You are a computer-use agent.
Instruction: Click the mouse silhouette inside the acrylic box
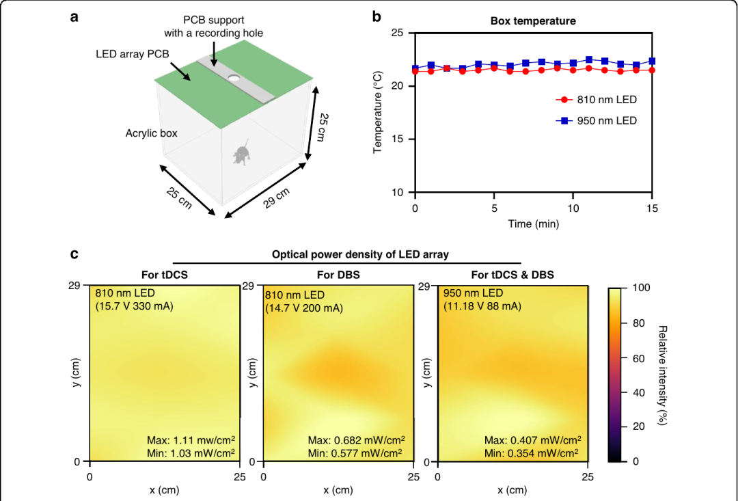point(242,152)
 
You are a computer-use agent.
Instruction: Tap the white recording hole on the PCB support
point(234,77)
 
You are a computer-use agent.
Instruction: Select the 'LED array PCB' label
point(133,54)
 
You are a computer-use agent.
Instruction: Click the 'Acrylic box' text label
point(151,133)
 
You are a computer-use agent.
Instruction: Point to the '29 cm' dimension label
point(276,198)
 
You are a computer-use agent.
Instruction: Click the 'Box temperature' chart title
point(533,21)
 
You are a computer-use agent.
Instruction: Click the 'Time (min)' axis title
point(533,224)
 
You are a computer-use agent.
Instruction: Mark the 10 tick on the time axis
point(573,208)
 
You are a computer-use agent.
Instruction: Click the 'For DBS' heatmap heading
point(338,275)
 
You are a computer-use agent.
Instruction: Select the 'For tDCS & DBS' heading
point(512,275)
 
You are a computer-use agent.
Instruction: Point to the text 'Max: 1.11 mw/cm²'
point(191,440)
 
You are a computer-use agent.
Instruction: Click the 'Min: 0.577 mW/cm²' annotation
point(355,453)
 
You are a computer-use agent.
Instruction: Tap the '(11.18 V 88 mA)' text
point(482,306)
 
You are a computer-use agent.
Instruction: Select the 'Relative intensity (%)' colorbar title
point(663,375)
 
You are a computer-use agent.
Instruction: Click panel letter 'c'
point(74,254)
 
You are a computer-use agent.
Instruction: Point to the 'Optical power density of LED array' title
point(360,255)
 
